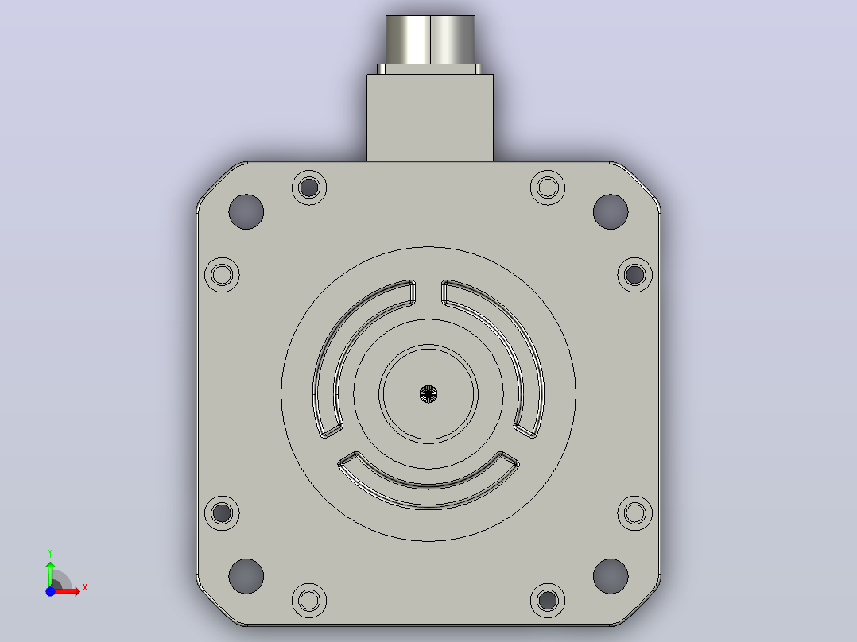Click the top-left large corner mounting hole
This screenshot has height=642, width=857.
(x=246, y=212)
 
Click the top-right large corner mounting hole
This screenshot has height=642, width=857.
(x=611, y=212)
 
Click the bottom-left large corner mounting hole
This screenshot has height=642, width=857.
(x=246, y=576)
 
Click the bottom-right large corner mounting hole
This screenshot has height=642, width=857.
(x=611, y=576)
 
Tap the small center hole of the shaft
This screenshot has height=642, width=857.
(x=428, y=394)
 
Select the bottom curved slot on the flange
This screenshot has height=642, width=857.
(x=428, y=497)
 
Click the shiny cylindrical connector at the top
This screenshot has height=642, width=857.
(x=430, y=40)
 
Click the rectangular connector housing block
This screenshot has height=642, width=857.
(x=430, y=118)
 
